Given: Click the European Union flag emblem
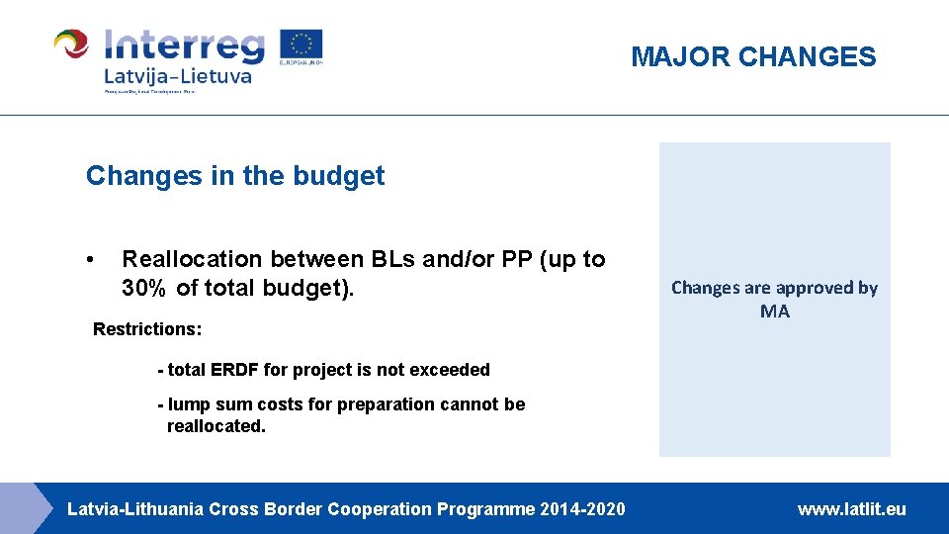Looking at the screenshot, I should (302, 44).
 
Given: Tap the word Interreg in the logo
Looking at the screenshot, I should (184, 44).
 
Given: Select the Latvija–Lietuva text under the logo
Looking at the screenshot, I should (178, 76).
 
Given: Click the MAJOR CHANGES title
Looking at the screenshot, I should (753, 57).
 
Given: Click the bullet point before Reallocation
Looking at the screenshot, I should (90, 260).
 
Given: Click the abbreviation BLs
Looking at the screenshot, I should (393, 259).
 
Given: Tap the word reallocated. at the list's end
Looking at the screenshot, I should (216, 426).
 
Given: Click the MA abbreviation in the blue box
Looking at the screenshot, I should (775, 311).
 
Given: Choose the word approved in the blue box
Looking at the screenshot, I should (798, 288).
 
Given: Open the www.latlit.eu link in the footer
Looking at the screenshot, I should (851, 509).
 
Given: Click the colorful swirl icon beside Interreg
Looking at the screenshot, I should (72, 44).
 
